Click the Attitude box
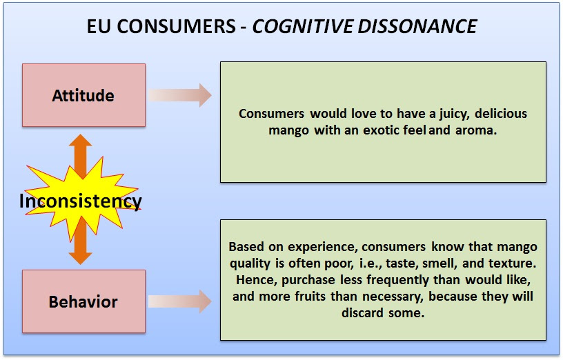(83, 95)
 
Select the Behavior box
(83, 301)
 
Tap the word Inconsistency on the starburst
(80, 201)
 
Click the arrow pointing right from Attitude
(180, 95)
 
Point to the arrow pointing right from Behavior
(180, 301)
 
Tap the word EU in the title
(99, 26)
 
